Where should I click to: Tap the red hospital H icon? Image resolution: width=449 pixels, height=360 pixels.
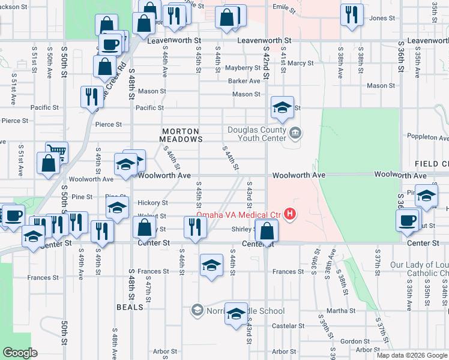pyautogui.click(x=291, y=214)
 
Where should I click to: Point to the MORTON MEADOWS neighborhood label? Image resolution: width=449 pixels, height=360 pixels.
pyautogui.click(x=181, y=134)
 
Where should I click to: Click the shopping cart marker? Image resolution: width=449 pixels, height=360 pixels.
pyautogui.click(x=57, y=152)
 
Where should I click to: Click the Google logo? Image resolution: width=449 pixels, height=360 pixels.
pyautogui.click(x=19, y=353)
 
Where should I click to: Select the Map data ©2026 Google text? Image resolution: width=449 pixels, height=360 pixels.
pyautogui.click(x=411, y=355)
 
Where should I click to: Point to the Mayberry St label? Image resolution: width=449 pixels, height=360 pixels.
pyautogui.click(x=243, y=68)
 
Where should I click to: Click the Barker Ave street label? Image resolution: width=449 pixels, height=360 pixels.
pyautogui.click(x=244, y=81)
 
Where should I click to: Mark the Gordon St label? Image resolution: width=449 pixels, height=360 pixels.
pyautogui.click(x=351, y=341)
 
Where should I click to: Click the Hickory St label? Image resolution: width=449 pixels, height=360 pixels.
pyautogui.click(x=152, y=203)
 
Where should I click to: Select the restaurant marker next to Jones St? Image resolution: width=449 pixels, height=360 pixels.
pyautogui.click(x=352, y=14)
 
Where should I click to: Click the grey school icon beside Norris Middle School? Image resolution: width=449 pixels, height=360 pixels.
pyautogui.click(x=197, y=310)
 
